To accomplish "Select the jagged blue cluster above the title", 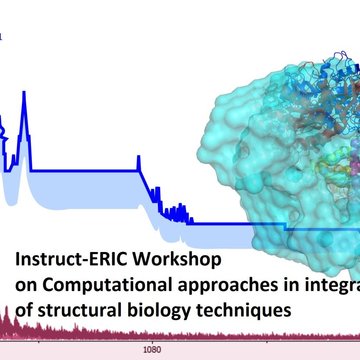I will [x=178, y=212].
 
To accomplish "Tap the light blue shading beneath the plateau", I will [x=90, y=180].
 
